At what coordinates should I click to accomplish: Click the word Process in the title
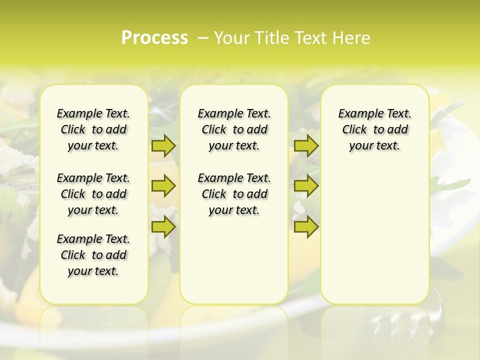click(x=154, y=38)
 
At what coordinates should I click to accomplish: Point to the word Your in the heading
click(x=231, y=38)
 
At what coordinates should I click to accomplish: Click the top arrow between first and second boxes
click(x=163, y=145)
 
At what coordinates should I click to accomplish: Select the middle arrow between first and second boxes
click(x=163, y=186)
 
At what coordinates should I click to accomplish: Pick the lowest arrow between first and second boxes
click(x=163, y=227)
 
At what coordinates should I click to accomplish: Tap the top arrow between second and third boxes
click(x=306, y=145)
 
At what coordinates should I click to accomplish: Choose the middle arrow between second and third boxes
click(x=306, y=186)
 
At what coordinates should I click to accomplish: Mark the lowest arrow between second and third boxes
click(x=306, y=227)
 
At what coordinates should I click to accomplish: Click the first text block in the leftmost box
click(x=93, y=129)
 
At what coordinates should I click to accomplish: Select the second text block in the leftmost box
click(x=93, y=194)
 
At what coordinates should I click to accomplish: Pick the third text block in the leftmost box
click(x=93, y=255)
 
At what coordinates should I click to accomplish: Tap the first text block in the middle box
click(x=234, y=129)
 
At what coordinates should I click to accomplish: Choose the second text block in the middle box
click(x=234, y=194)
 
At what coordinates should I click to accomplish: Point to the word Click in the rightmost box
click(x=354, y=130)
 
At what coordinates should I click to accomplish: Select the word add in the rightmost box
click(x=398, y=130)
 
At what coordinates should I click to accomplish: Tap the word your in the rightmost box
click(x=361, y=146)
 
